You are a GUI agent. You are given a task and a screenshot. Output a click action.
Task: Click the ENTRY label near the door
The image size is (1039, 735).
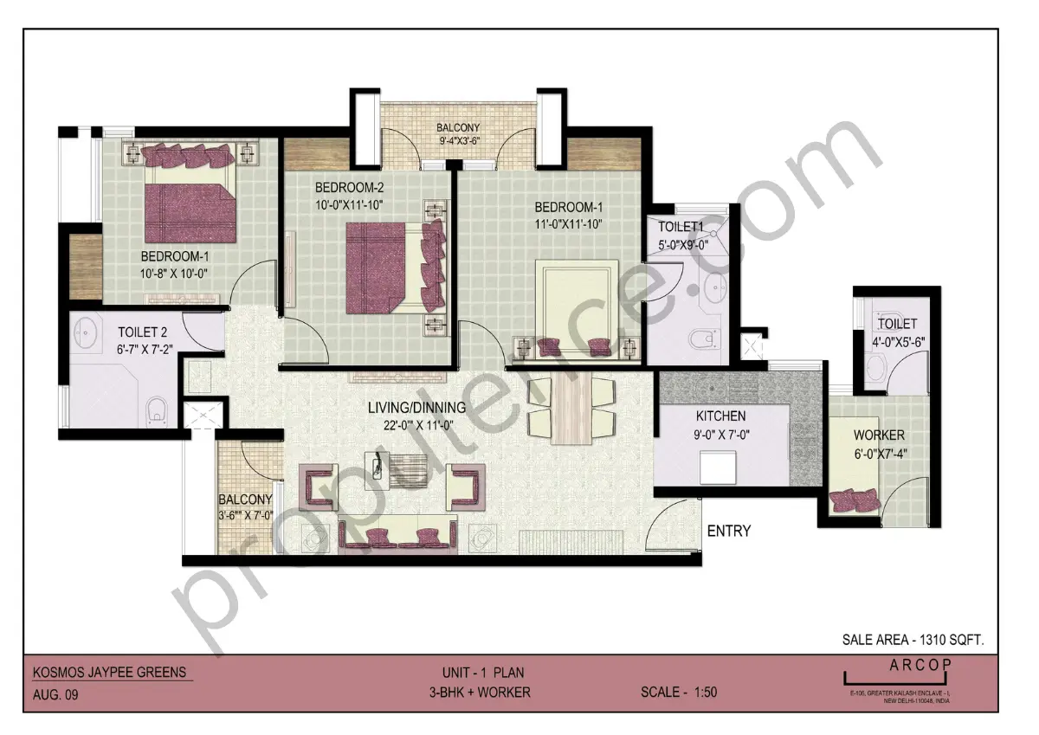[729, 531]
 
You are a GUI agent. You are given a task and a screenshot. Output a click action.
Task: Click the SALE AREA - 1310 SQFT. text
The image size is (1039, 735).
[913, 641]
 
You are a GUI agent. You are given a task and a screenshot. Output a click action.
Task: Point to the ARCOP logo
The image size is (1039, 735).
[920, 664]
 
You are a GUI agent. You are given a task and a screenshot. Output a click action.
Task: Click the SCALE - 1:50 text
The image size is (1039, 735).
[679, 693]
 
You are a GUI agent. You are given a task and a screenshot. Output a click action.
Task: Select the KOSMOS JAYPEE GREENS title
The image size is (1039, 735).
[108, 672]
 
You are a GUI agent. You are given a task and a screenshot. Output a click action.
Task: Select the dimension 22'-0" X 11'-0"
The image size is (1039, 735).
[416, 424]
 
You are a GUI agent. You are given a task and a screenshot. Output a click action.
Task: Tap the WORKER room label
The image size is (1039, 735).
[879, 435]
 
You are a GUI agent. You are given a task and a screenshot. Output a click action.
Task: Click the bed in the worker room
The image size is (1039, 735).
[853, 500]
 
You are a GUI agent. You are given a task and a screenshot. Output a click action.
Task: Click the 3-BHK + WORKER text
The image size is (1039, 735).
[479, 693]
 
